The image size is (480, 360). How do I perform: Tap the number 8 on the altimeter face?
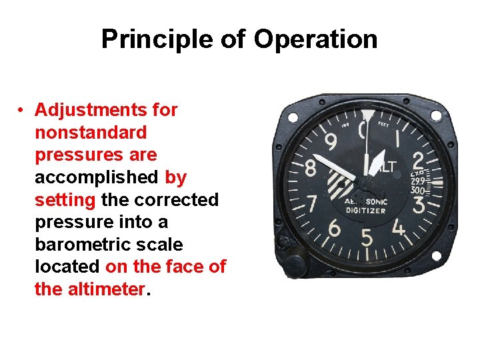(x=311, y=168)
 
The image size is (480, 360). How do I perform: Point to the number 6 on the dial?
(x=334, y=229)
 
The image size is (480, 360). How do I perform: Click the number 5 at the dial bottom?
(x=367, y=237)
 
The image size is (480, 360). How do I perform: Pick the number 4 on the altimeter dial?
(x=399, y=228)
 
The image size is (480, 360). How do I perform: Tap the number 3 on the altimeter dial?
(x=419, y=204)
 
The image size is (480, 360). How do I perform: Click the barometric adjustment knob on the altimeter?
(x=293, y=262)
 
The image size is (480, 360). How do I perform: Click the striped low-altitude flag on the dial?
(x=340, y=183)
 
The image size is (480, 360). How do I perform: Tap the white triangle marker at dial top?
(x=368, y=116)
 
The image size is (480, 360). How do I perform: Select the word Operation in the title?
(x=315, y=39)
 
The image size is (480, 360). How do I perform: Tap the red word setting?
(x=65, y=200)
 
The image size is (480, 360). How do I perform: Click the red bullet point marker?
(x=22, y=110)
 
